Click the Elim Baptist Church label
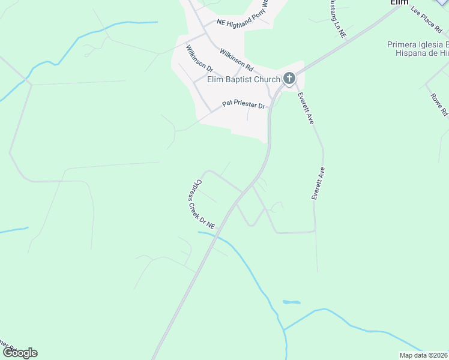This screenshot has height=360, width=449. coord(244,79)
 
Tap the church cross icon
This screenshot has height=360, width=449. coord(289,78)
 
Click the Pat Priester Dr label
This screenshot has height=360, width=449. coord(243,104)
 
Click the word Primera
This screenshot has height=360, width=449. coord(406,44)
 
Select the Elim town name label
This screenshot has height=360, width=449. coord(399,2)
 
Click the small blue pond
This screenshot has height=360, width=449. coord(291,302)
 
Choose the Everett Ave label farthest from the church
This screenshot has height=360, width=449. coord(318,183)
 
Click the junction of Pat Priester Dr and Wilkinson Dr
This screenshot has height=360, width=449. coord(210,111)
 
